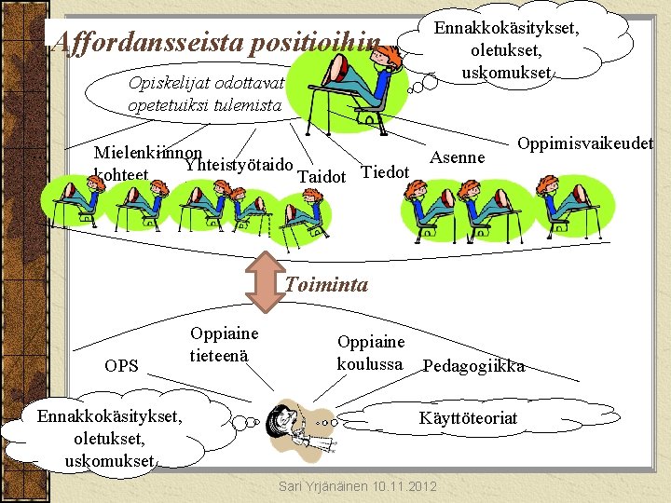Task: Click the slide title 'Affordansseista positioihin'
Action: tap(217, 41)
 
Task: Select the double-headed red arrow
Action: tap(264, 284)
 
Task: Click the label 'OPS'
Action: tap(121, 366)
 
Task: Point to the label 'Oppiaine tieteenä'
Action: tap(224, 344)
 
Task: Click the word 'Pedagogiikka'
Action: tap(473, 366)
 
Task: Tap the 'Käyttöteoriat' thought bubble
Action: tap(468, 418)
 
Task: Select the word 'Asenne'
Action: tap(457, 157)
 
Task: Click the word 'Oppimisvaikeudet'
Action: tap(584, 143)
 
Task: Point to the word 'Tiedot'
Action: tap(385, 171)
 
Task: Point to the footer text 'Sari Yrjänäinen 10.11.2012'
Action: tap(359, 487)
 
